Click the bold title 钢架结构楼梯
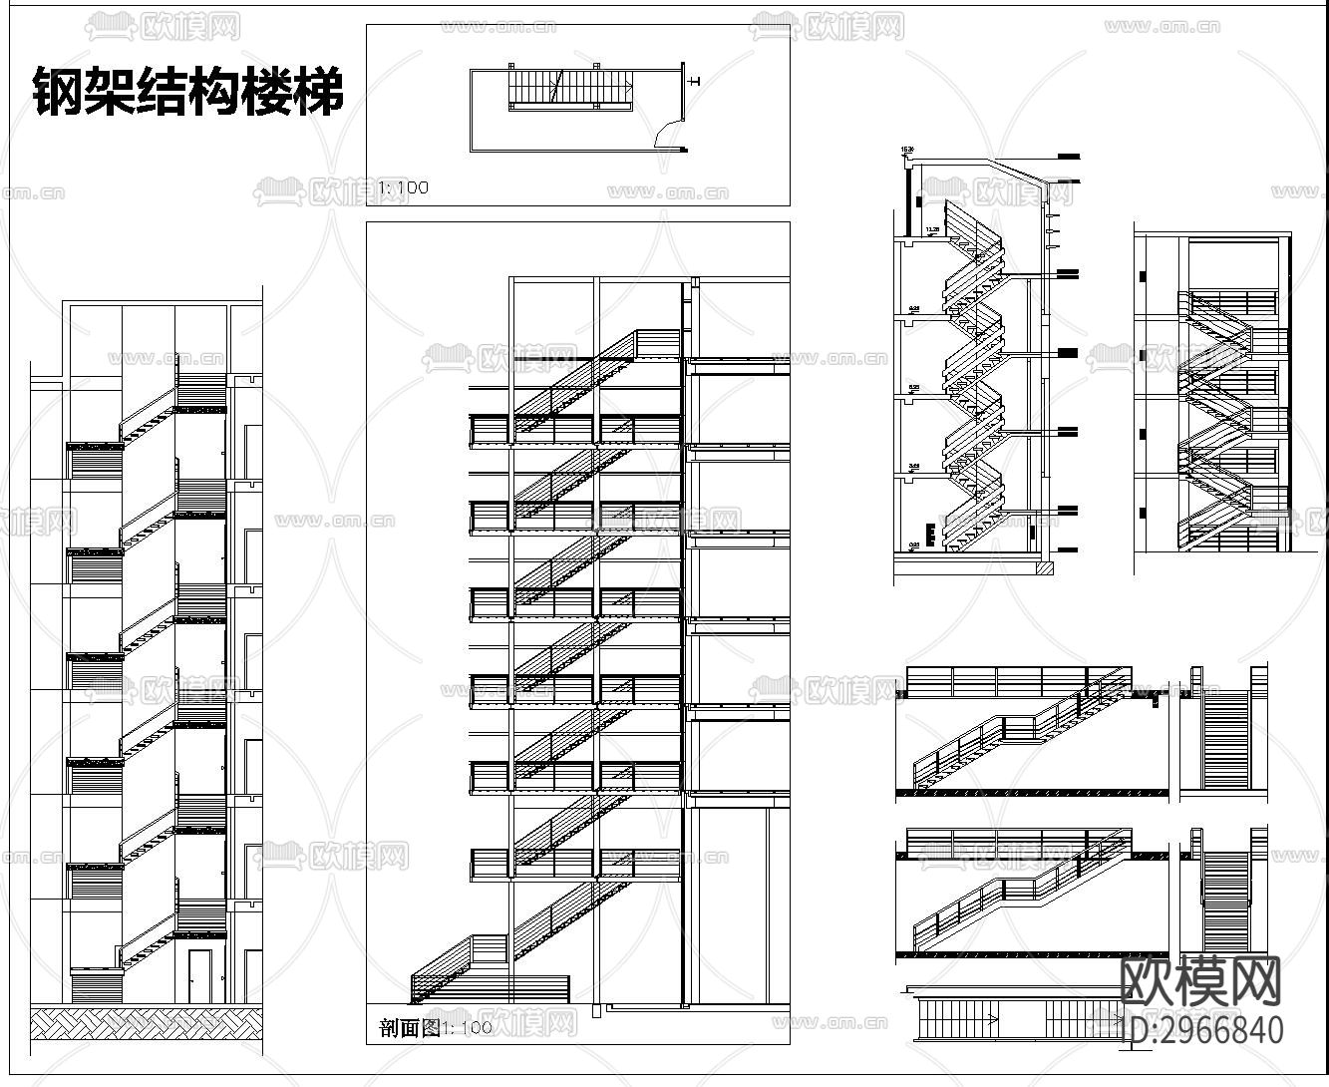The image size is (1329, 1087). point(189,93)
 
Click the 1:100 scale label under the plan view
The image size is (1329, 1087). point(403,186)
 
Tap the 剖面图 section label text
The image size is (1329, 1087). point(410,1028)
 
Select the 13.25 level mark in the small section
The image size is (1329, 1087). point(932,229)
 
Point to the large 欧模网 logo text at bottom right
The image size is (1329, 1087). point(1201,981)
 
